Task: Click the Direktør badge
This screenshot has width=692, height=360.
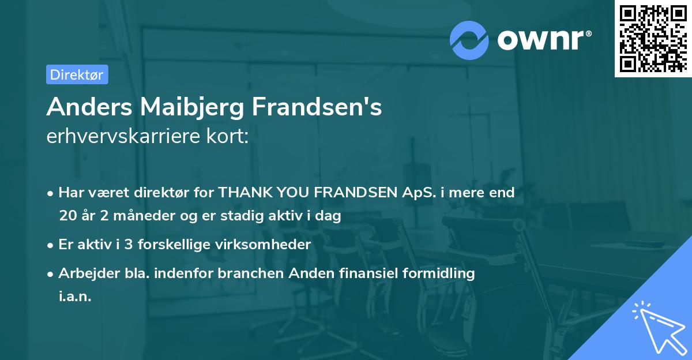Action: (77, 74)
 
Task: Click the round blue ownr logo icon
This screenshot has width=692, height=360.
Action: (469, 40)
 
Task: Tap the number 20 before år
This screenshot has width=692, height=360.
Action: (67, 216)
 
